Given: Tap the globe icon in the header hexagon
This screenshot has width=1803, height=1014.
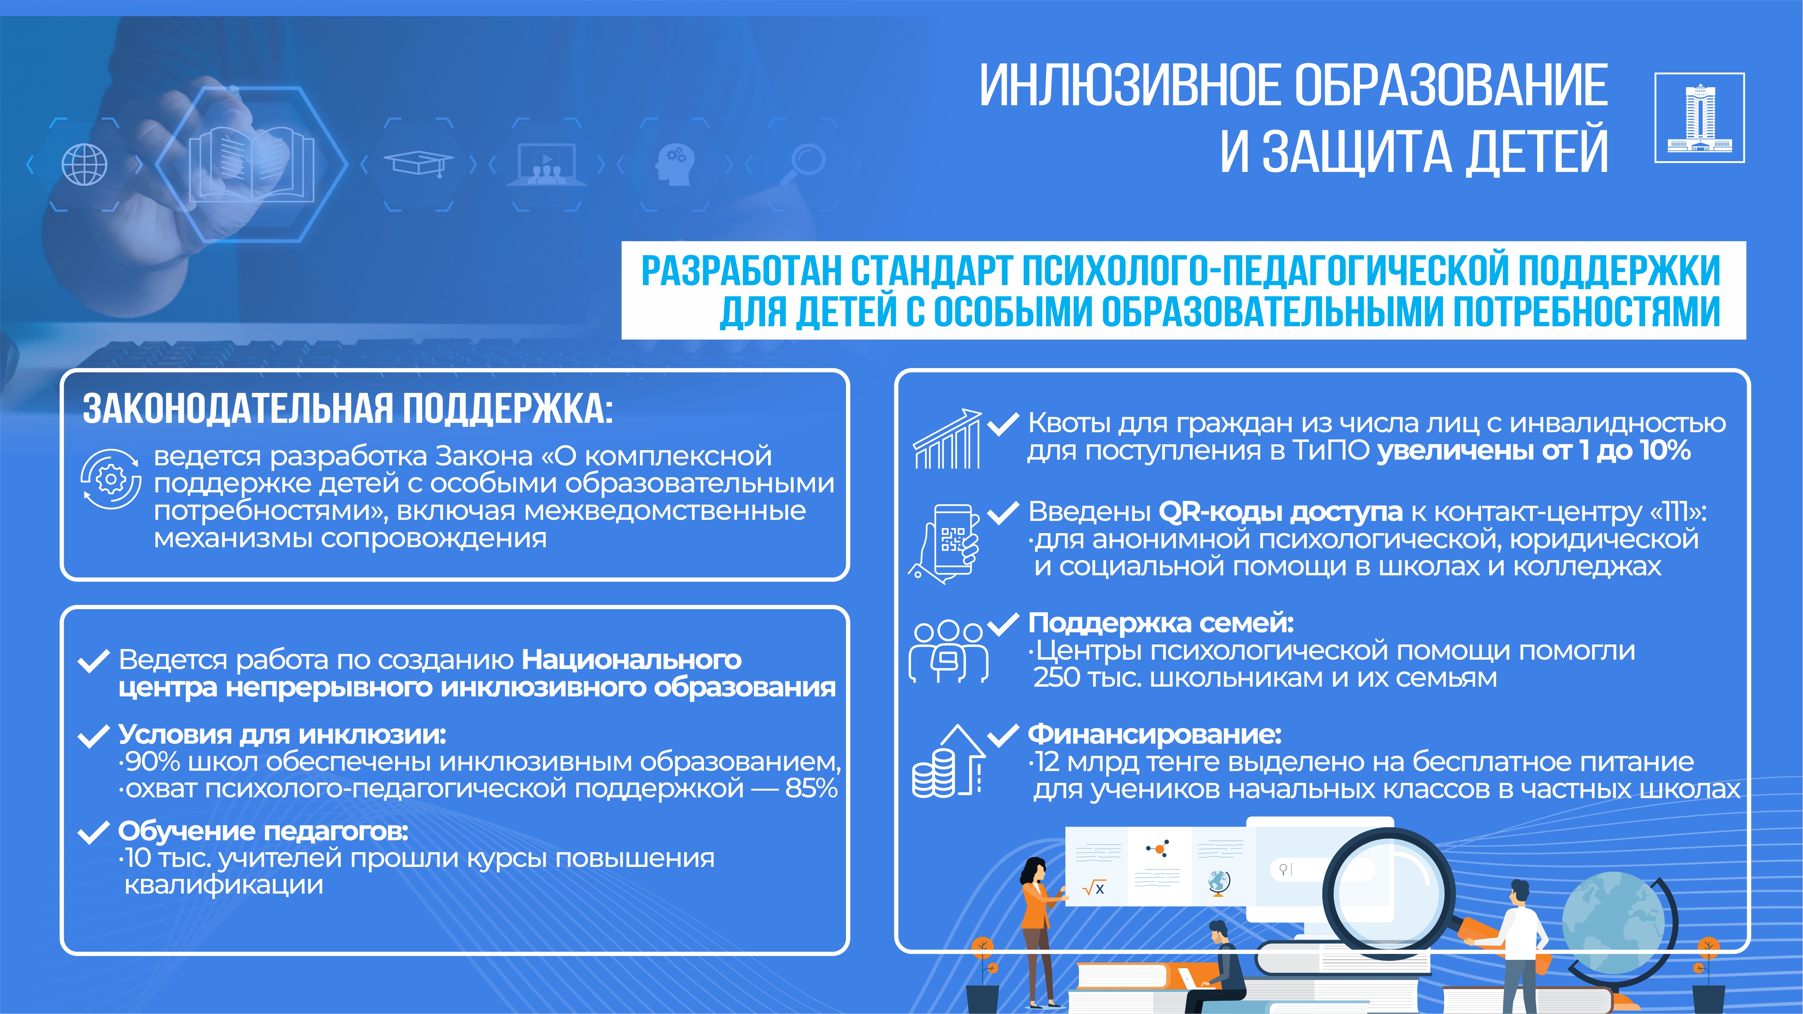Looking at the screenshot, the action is click(x=85, y=164).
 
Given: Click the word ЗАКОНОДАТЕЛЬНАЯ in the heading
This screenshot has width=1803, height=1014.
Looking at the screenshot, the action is click(x=238, y=409).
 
